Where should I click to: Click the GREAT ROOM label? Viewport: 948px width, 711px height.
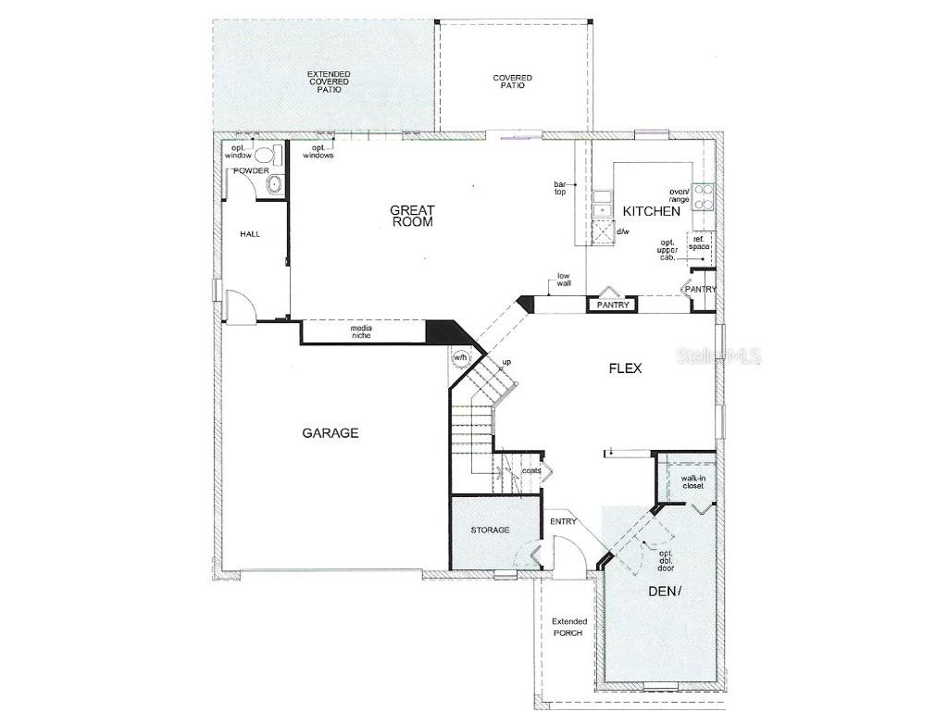click(x=412, y=216)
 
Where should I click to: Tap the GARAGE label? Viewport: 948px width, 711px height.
click(x=330, y=432)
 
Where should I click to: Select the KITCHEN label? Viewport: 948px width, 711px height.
click(x=651, y=211)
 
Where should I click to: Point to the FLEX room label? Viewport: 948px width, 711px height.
click(x=625, y=368)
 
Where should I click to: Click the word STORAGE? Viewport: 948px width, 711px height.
click(x=490, y=530)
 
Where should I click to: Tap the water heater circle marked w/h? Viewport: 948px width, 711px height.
click(x=460, y=357)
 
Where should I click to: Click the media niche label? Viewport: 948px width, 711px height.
click(x=361, y=332)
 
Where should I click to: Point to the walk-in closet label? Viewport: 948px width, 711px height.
click(x=692, y=481)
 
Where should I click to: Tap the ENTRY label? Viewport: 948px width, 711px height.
click(x=563, y=521)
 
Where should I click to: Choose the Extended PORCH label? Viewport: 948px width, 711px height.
click(x=569, y=627)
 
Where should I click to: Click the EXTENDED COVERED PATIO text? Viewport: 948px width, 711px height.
click(x=324, y=82)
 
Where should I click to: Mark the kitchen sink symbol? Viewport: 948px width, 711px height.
click(x=603, y=203)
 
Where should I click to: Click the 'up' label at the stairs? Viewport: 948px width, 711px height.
click(x=506, y=361)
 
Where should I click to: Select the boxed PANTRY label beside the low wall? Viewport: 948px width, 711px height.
click(x=613, y=305)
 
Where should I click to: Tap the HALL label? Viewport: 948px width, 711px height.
click(x=250, y=234)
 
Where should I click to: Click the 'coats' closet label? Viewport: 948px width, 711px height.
click(x=531, y=470)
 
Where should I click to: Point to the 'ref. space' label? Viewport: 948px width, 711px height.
click(x=698, y=243)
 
